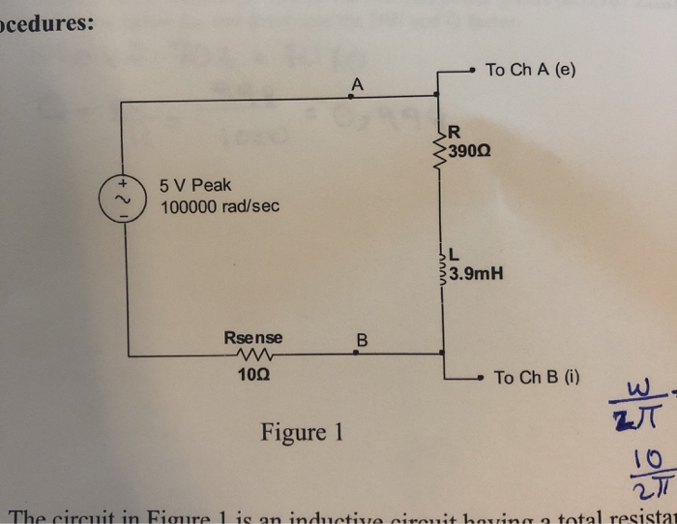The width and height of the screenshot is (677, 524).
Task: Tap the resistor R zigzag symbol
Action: pyautogui.click(x=441, y=146)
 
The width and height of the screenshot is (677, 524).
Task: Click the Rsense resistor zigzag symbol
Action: pyautogui.click(x=254, y=354)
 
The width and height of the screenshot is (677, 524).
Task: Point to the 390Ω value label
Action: pyautogui.click(x=470, y=152)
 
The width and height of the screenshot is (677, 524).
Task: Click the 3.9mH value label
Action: pyautogui.click(x=476, y=274)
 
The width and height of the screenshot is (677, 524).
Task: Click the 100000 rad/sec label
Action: pyautogui.click(x=220, y=207)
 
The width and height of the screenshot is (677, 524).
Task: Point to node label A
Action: pyautogui.click(x=357, y=84)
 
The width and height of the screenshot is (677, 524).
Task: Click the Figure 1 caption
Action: pyautogui.click(x=302, y=431)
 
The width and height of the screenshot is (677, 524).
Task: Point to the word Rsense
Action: pyautogui.click(x=253, y=338)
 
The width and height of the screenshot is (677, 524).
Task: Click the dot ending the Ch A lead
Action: pyautogui.click(x=470, y=70)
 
